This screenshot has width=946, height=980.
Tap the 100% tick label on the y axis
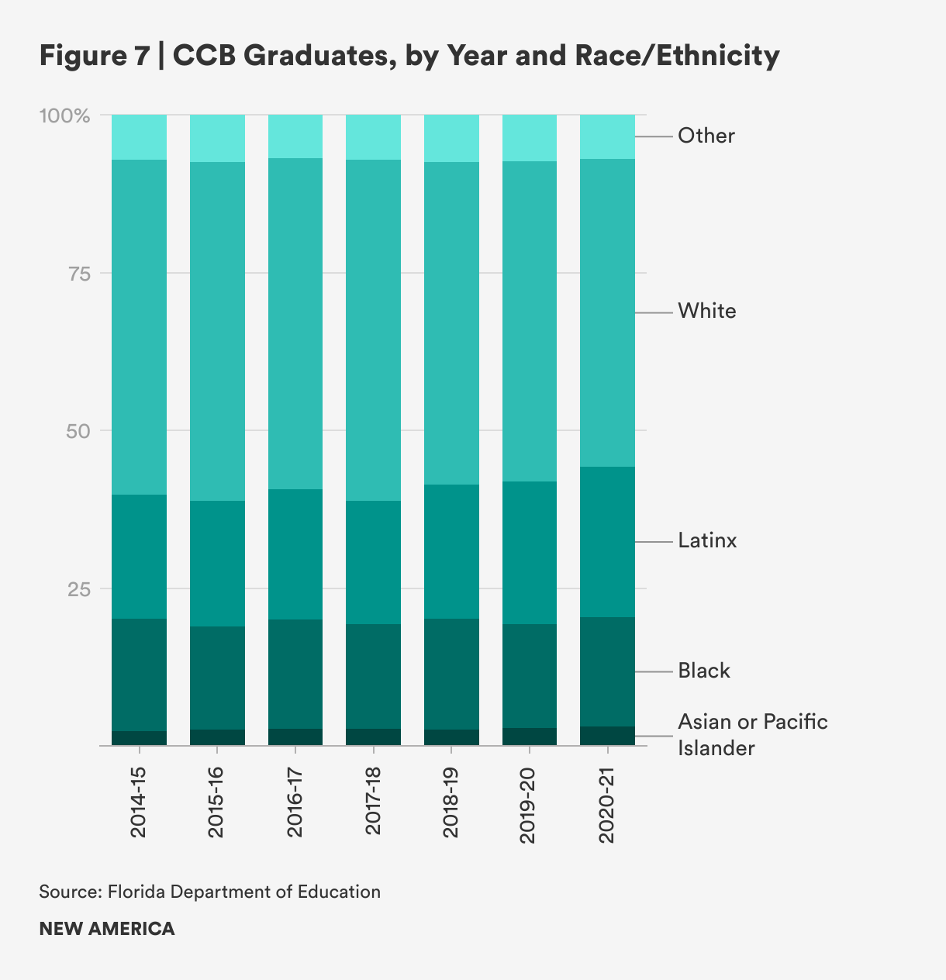tap(65, 116)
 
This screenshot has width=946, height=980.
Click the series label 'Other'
tap(706, 136)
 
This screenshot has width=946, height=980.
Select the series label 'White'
tap(706, 312)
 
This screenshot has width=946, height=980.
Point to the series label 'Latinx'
tap(707, 540)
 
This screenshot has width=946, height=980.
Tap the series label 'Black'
tap(704, 671)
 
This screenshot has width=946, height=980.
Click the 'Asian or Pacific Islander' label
tap(752, 735)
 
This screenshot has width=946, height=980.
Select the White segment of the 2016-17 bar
tap(295, 323)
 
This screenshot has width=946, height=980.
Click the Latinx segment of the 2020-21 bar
tap(607, 542)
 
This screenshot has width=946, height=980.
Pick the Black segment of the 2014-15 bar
tap(140, 675)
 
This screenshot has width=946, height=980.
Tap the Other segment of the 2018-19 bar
tap(451, 138)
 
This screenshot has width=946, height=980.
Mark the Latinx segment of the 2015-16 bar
tap(217, 564)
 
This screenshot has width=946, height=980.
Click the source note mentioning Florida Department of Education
tap(209, 892)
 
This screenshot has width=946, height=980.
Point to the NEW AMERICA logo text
tap(107, 929)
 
